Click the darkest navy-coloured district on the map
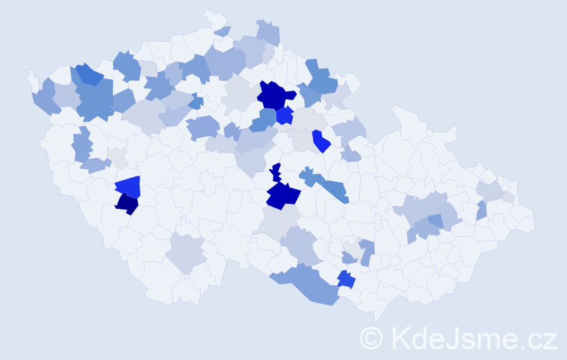[x=127, y=204]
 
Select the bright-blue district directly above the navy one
[x=128, y=187]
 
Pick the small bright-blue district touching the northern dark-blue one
[x=285, y=115]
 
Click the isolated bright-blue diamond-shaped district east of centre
[x=321, y=140]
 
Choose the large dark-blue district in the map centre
[x=283, y=194]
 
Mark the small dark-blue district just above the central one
[x=275, y=173]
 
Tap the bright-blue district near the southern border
[x=346, y=279]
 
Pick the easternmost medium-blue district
[x=481, y=210]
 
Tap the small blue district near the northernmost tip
[x=223, y=31]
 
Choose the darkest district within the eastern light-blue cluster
[x=436, y=221]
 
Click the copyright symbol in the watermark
[x=371, y=336]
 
